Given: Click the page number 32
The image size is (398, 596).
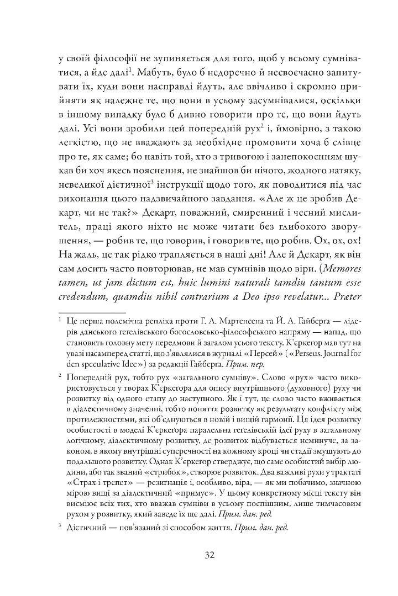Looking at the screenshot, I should click(199, 555).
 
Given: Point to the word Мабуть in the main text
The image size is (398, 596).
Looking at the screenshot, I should click(154, 72).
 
